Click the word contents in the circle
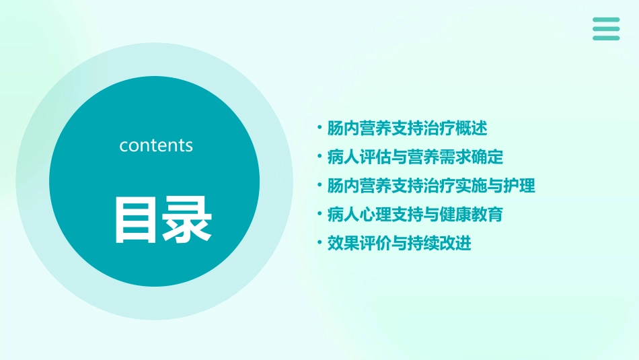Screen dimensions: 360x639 [x=156, y=145]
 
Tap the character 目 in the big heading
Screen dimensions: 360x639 [x=137, y=219]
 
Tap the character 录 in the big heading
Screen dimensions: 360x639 [x=188, y=219]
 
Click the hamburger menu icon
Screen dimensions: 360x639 [x=606, y=29]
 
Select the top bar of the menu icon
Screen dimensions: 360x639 [x=606, y=20]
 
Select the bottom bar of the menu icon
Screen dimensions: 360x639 [x=606, y=38]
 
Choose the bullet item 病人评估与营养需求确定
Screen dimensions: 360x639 [x=414, y=157]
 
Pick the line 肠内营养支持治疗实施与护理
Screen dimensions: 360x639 [x=430, y=186]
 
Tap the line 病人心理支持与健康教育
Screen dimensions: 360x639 [x=414, y=215]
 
